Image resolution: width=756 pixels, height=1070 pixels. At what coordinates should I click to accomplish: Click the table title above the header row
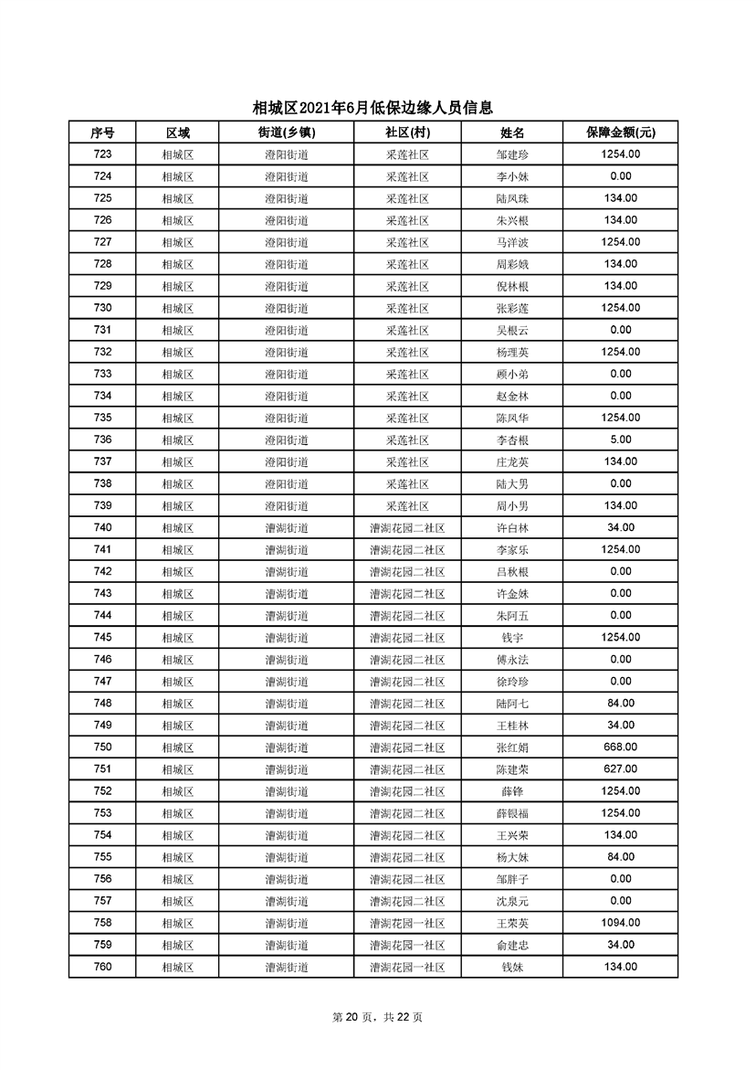(x=378, y=108)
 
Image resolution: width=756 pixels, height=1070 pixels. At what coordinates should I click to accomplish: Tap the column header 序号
(x=102, y=132)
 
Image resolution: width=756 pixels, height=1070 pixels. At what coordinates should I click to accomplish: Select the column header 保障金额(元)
(x=620, y=132)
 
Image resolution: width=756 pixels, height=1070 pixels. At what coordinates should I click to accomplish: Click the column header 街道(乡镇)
(x=287, y=132)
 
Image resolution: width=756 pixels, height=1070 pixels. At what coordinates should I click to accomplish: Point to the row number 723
(x=102, y=154)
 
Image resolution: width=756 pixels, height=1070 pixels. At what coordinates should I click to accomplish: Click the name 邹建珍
(x=512, y=155)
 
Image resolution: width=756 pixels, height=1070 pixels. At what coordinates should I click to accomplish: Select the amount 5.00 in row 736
(x=620, y=440)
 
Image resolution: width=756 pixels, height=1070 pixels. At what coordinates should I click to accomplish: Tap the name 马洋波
(x=512, y=243)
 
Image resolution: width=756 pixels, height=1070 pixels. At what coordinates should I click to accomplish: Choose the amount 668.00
(x=620, y=747)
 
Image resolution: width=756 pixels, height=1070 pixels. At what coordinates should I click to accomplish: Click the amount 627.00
(x=620, y=769)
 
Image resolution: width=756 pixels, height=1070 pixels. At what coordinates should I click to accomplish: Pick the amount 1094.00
(x=620, y=923)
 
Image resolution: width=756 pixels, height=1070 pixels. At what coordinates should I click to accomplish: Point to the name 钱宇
(x=512, y=638)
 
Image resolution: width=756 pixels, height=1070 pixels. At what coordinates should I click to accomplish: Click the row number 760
(x=102, y=967)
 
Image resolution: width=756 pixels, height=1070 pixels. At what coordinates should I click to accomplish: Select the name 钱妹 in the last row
(x=512, y=967)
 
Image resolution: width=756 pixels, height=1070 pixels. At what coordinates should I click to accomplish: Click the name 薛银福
(x=512, y=813)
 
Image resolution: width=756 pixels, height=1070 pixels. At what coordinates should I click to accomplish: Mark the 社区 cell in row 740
(x=407, y=528)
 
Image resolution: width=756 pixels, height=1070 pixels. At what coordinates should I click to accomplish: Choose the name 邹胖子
(x=512, y=879)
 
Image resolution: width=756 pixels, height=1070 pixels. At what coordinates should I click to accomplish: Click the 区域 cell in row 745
(x=178, y=638)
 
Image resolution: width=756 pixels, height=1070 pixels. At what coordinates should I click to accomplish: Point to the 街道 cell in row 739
(x=287, y=506)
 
